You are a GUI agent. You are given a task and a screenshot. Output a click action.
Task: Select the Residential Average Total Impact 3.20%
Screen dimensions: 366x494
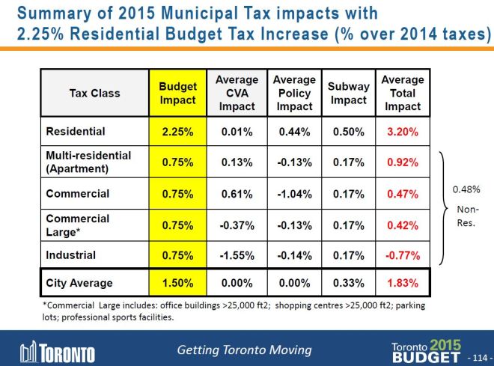pyautogui.click(x=403, y=132)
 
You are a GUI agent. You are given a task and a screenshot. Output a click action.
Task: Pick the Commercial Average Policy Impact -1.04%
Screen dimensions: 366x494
pyautogui.click(x=293, y=194)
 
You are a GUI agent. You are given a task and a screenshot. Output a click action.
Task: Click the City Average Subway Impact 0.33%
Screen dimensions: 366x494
pyautogui.click(x=349, y=284)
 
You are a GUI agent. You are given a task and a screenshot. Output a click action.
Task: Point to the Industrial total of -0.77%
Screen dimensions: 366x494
pyautogui.click(x=403, y=255)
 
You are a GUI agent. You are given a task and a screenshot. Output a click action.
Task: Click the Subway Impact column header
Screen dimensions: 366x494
pyautogui.click(x=349, y=93)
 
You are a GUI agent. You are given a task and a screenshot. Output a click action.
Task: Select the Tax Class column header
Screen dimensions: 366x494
pyautogui.click(x=94, y=94)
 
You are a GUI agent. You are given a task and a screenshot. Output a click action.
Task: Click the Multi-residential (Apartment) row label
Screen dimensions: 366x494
pyautogui.click(x=88, y=162)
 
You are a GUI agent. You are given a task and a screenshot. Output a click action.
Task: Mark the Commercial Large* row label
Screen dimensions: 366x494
pyautogui.click(x=78, y=225)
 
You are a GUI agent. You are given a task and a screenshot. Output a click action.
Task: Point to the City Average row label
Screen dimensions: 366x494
pyautogui.click(x=79, y=284)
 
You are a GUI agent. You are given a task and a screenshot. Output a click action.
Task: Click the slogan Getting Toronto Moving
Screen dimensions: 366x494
pyautogui.click(x=244, y=350)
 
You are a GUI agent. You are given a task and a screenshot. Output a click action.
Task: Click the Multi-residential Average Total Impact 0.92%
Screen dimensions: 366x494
pyautogui.click(x=403, y=162)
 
